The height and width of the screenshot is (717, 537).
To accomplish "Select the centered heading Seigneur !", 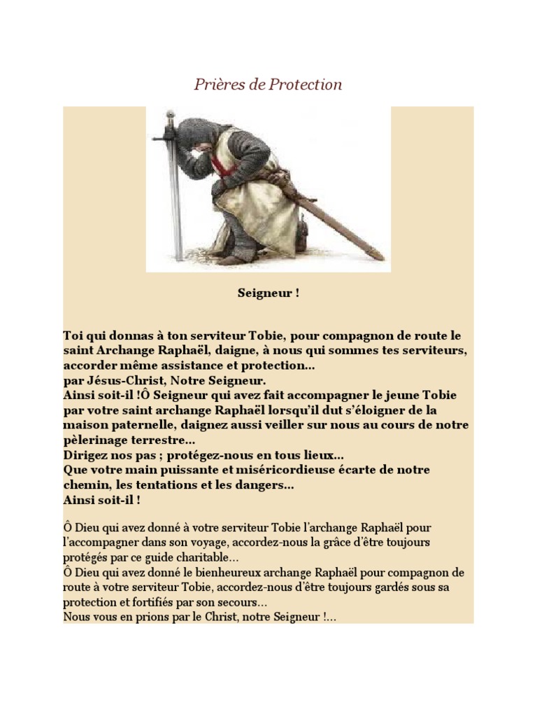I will coord(268,293).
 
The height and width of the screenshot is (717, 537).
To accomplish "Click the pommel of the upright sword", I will coord(169,115).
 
